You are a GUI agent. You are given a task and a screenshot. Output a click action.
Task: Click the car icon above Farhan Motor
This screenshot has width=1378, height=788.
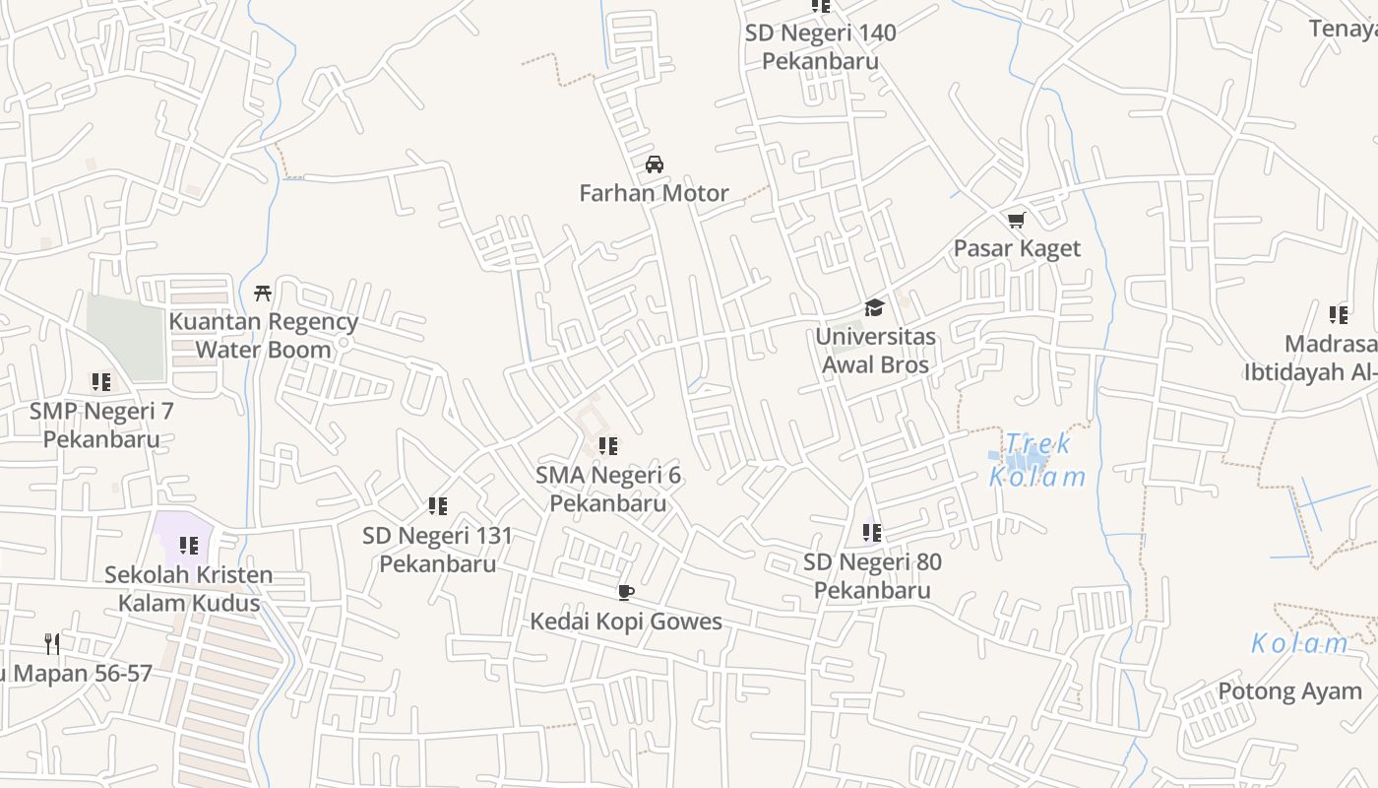[x=655, y=164]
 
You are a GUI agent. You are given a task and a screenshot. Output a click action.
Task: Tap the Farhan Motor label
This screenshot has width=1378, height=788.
[x=655, y=193]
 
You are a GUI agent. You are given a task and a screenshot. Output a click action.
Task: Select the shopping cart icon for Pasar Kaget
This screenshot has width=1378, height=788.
[x=1016, y=221]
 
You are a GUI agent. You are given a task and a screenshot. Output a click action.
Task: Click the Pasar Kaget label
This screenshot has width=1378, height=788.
[x=1017, y=248]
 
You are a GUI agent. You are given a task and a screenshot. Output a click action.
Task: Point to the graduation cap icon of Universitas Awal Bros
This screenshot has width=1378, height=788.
[x=874, y=308]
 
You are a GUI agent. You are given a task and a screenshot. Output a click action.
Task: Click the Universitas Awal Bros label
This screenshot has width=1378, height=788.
[x=875, y=351]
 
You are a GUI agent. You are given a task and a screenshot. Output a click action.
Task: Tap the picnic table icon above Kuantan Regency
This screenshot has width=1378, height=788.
[x=263, y=293]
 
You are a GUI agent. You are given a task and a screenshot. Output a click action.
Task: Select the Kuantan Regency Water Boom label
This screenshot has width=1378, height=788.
[x=263, y=335]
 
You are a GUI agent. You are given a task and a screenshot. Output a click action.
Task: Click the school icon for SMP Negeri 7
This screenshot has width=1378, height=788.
[x=100, y=381]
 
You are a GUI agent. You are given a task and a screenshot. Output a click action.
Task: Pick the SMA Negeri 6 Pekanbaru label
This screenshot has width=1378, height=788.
[x=608, y=489]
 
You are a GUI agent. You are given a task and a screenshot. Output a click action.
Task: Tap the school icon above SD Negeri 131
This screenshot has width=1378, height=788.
[x=437, y=506]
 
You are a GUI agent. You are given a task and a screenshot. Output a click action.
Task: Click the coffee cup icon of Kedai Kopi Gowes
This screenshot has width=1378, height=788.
[x=625, y=592]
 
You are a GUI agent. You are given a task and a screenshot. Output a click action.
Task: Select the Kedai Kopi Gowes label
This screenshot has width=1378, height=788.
[x=626, y=622]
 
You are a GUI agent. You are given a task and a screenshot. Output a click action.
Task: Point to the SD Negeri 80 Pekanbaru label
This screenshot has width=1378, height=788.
[x=872, y=576]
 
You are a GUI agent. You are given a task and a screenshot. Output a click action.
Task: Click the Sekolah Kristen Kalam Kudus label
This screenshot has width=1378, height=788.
[x=188, y=588]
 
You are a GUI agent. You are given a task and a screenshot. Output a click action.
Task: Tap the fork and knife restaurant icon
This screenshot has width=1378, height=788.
[x=52, y=644]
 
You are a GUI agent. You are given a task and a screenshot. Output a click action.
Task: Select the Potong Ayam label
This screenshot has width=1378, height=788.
[x=1289, y=691]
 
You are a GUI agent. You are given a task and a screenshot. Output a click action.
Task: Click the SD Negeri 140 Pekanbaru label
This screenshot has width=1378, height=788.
[x=820, y=46]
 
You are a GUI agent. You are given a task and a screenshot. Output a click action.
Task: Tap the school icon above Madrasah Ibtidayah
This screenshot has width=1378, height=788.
[x=1339, y=315]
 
